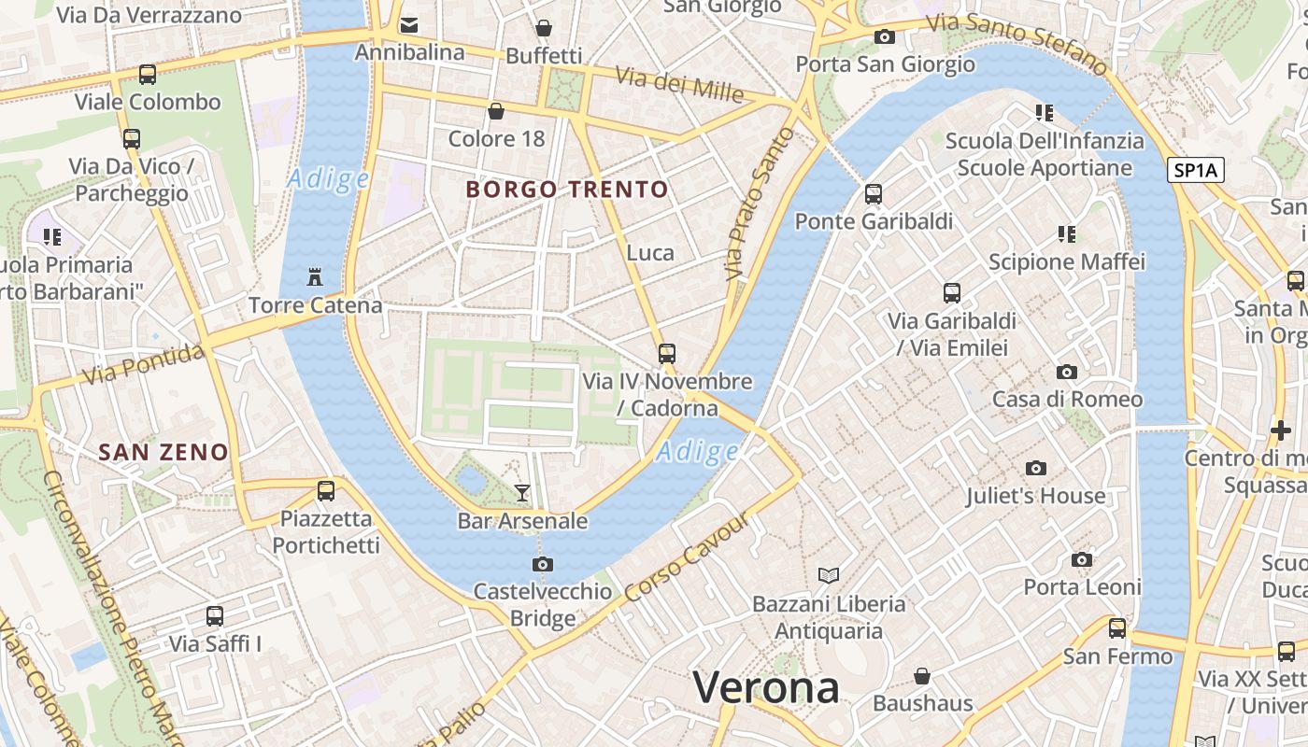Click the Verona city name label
[x=766, y=688]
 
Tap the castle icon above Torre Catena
[x=315, y=277]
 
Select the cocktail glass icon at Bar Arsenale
[x=522, y=492]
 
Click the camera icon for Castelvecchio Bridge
[x=542, y=564]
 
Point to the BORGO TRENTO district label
[x=567, y=190]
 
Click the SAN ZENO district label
[x=163, y=453]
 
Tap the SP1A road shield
[x=1195, y=170]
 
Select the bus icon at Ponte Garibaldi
[x=874, y=194]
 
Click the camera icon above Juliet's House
[x=1035, y=468]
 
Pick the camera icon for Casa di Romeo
[x=1067, y=372]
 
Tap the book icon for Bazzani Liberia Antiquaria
[x=829, y=575]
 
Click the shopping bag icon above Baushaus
[x=923, y=676]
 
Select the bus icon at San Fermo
[x=1117, y=628]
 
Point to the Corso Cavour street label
[x=687, y=558]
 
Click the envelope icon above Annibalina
[x=409, y=25]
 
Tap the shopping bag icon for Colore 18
[x=496, y=112]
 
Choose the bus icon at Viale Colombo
[x=147, y=75]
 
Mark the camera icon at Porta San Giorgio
[x=884, y=37]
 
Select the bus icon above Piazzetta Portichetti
[x=325, y=491]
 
